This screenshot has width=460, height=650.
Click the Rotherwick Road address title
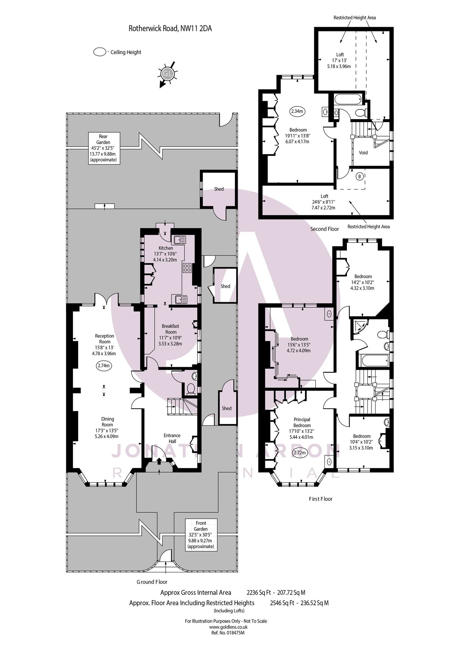point(170,29)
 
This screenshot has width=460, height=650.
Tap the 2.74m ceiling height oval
point(104,365)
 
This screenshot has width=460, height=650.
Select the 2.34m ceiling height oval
point(297,111)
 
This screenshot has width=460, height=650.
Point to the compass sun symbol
point(167,74)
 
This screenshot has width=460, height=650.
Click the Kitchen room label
point(166,248)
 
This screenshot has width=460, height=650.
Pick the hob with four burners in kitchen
point(187,268)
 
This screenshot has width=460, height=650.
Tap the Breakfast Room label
point(171,329)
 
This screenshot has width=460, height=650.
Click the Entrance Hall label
point(172,438)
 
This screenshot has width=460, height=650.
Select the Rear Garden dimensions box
point(103,148)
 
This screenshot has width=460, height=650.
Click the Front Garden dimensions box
point(201,534)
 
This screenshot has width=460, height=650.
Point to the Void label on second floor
point(363,152)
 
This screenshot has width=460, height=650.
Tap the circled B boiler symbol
point(360,177)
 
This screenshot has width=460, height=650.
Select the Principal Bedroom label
point(302,422)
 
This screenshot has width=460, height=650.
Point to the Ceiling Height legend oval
point(99,52)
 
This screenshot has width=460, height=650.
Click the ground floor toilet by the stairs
point(191,389)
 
